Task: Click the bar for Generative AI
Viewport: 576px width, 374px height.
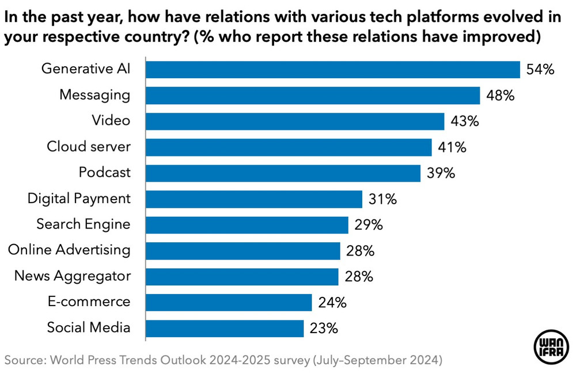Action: click(333, 70)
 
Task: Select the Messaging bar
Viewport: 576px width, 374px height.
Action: click(313, 96)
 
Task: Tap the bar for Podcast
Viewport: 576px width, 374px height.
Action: click(283, 173)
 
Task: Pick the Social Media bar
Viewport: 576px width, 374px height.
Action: click(225, 329)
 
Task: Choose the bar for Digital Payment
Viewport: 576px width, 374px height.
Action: click(254, 199)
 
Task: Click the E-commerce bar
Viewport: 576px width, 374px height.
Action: click(229, 302)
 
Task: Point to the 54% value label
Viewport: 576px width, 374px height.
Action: click(540, 70)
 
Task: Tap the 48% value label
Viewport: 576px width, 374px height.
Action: click(499, 96)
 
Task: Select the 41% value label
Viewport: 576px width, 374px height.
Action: click(451, 147)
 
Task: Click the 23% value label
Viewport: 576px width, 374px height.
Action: click(323, 329)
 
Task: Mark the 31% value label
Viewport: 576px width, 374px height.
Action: click(382, 199)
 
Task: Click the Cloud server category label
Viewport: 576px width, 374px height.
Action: click(89, 147)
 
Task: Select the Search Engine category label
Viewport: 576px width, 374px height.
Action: click(84, 224)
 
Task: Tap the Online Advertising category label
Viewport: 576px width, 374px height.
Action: click(69, 250)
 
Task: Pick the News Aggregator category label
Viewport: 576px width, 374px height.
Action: click(73, 276)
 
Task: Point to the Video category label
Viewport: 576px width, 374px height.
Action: click(111, 121)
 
